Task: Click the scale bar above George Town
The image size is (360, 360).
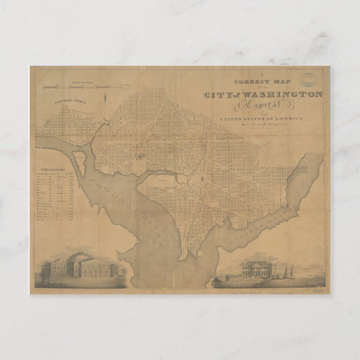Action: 89,86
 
